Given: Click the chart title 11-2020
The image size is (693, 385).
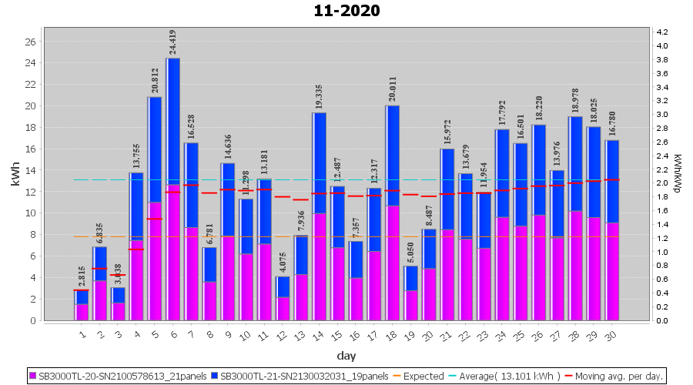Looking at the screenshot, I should [346, 11].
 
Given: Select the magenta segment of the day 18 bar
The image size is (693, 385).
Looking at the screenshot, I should [393, 263].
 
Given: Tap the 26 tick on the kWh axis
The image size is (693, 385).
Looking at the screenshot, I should [30, 42].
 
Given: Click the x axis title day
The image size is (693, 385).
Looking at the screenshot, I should [346, 355].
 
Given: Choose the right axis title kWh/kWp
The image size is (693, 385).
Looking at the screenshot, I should [678, 172].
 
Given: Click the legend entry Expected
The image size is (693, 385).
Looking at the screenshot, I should [420, 377].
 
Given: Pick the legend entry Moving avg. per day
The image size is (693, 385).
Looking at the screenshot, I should [624, 377].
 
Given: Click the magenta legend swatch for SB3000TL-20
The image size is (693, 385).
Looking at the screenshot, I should [33, 377].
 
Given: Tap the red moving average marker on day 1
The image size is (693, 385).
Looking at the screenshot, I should [82, 290].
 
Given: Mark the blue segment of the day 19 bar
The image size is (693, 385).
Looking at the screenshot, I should [411, 278].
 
